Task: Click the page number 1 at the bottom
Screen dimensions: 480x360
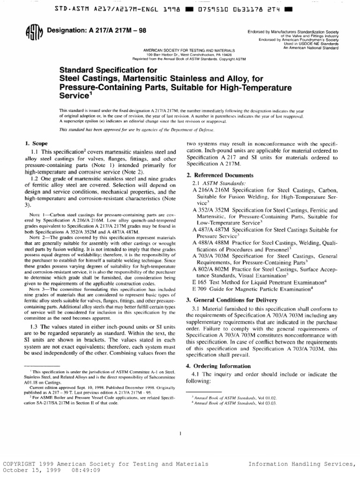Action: click(180, 434)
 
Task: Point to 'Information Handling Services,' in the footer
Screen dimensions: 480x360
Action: click(302, 464)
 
